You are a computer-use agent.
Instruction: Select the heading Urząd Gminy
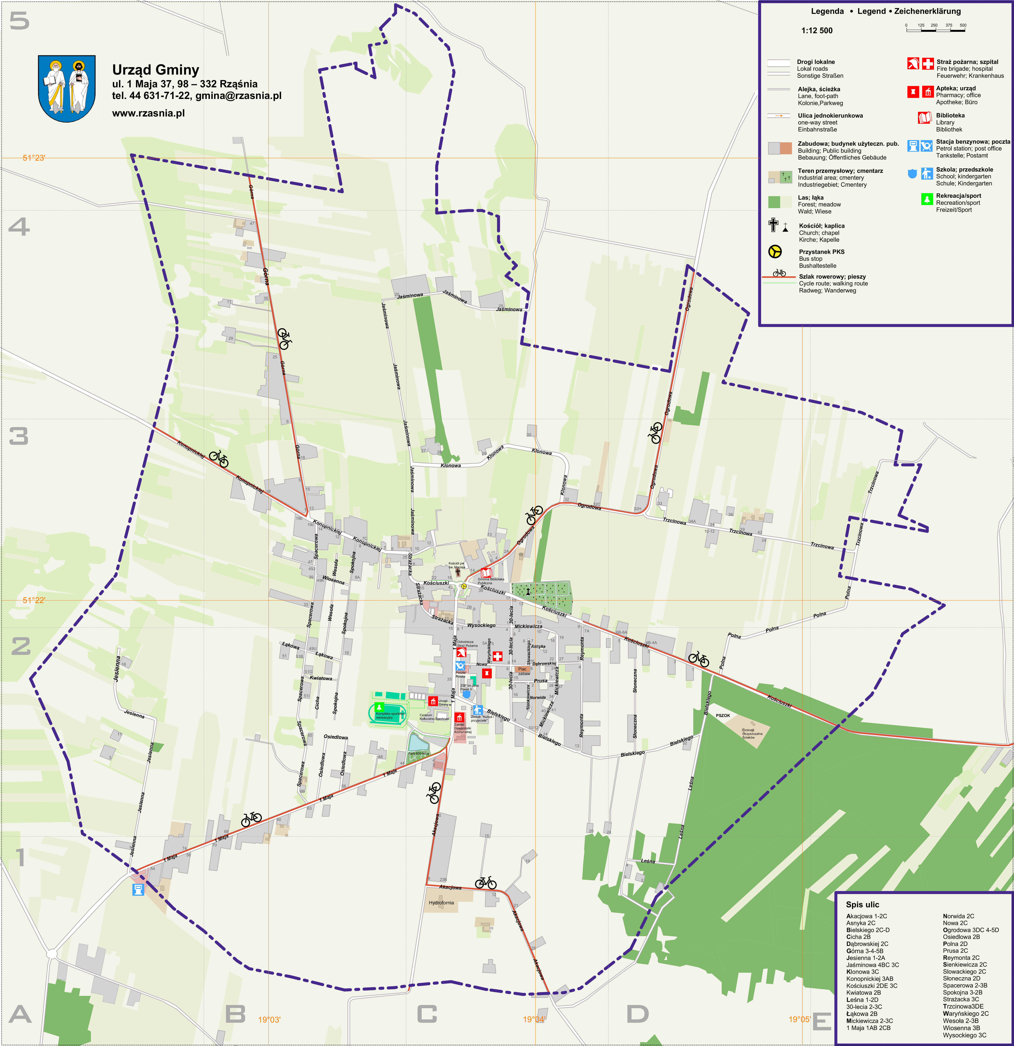(x=155, y=70)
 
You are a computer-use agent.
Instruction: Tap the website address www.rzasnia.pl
(x=149, y=113)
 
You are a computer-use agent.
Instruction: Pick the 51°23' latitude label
(x=34, y=158)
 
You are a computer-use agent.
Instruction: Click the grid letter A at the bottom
(x=20, y=1014)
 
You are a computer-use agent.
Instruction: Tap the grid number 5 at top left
(x=19, y=21)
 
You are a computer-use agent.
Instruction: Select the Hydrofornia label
(x=441, y=903)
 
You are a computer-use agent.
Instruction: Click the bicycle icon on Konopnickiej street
(x=218, y=457)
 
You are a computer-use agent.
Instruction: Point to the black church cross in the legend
(x=773, y=225)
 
